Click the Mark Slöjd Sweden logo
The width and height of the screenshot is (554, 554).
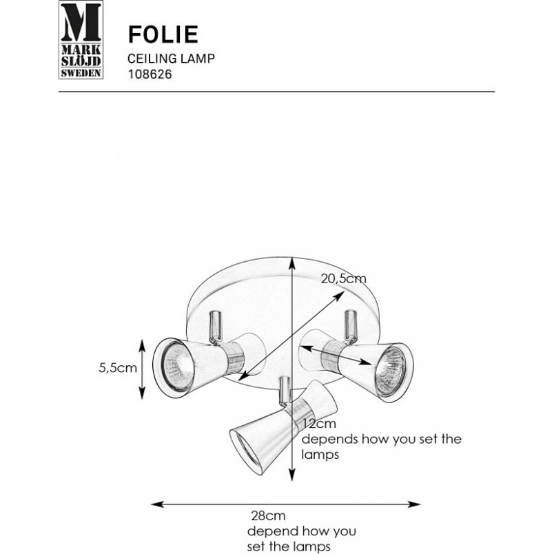point(81,39)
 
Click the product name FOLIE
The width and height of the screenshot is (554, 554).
point(163,34)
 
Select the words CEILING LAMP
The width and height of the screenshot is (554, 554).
point(171,59)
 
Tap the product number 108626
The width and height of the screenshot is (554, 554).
point(150,74)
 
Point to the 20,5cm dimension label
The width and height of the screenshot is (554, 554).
point(343,279)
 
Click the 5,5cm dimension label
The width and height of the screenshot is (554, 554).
point(118,368)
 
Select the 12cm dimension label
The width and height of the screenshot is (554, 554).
point(320,423)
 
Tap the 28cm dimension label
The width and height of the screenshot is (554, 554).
point(268,516)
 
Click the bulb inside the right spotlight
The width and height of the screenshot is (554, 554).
point(390,371)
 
